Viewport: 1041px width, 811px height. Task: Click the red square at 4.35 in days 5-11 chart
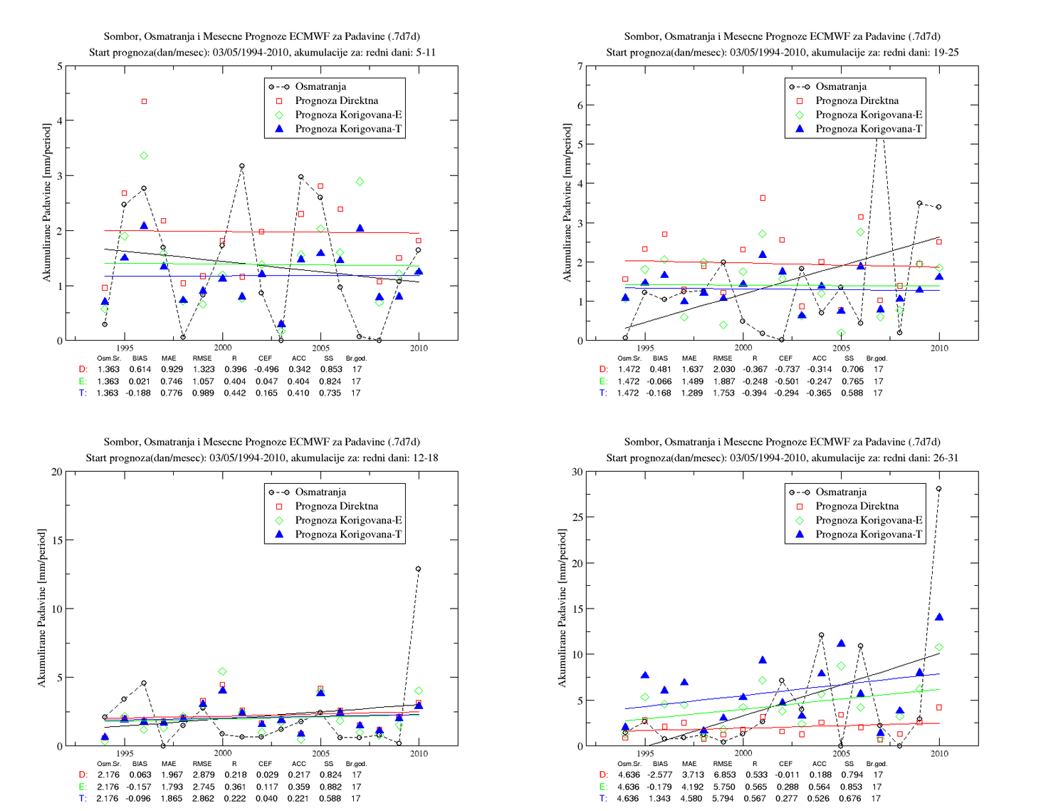[x=144, y=102]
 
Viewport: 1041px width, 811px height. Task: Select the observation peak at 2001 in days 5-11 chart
[x=242, y=166]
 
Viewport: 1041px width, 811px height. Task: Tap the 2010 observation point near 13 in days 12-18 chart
[x=418, y=569]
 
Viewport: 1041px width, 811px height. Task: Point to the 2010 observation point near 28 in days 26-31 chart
[x=938, y=489]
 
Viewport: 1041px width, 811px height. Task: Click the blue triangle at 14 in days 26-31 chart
[x=939, y=617]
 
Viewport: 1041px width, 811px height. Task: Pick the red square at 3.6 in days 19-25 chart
[x=763, y=198]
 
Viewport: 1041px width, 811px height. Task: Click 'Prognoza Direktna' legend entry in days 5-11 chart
[x=336, y=100]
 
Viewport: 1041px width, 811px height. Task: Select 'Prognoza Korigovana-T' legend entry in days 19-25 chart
[x=869, y=129]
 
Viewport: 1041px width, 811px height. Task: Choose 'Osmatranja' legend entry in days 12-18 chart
[x=320, y=492]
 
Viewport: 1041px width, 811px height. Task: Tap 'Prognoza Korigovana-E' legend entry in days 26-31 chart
[x=869, y=520]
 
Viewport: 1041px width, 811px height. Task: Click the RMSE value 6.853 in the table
[x=723, y=775]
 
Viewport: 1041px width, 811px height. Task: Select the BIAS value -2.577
[x=659, y=775]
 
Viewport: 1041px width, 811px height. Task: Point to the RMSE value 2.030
[x=723, y=369]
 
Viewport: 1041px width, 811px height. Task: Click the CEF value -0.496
[x=266, y=369]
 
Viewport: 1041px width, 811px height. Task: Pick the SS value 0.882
[x=330, y=787]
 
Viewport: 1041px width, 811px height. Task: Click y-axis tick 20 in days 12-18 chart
[x=57, y=472]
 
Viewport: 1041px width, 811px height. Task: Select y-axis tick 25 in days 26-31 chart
[x=577, y=517]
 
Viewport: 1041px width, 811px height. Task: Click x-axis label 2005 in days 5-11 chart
[x=320, y=348]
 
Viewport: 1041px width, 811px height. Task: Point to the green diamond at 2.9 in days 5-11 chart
[x=360, y=182]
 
